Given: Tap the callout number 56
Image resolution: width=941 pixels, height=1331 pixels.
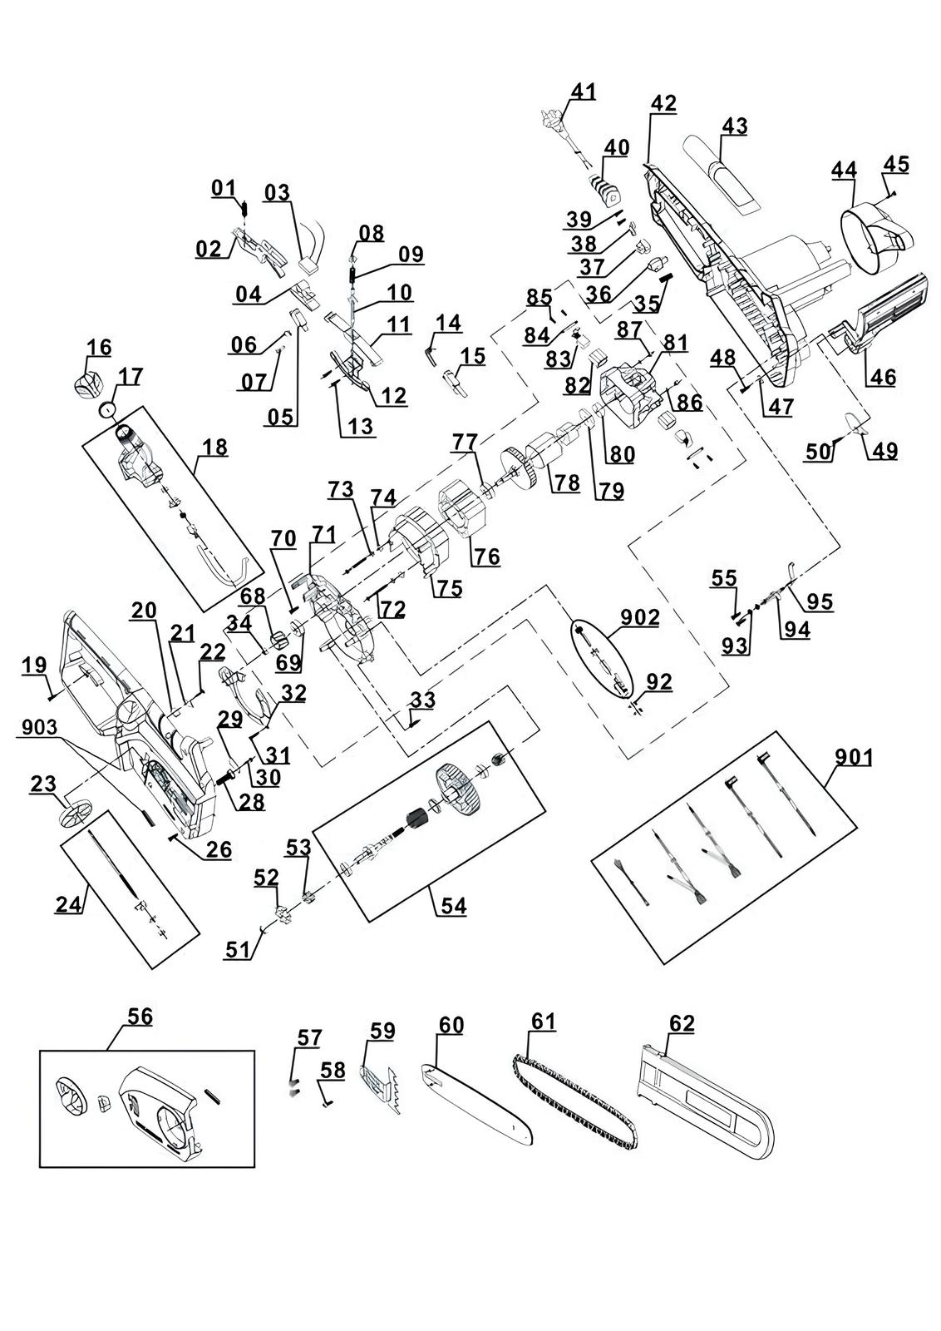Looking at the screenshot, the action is (x=140, y=1016).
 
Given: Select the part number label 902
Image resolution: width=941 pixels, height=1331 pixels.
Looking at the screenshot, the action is (x=639, y=617).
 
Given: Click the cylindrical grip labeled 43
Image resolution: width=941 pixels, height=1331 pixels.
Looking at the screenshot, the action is (x=721, y=176).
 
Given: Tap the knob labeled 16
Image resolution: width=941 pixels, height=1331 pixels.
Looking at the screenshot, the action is (x=86, y=383).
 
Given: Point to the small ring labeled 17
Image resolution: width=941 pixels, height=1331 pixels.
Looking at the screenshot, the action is (x=107, y=408).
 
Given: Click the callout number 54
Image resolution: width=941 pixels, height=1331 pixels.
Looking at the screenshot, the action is (x=454, y=906).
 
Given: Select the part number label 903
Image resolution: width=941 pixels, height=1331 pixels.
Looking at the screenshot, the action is (x=39, y=727).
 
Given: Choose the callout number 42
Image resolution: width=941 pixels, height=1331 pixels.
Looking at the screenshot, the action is (x=663, y=103).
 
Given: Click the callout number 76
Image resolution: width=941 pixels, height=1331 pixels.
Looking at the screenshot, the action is (x=486, y=557).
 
